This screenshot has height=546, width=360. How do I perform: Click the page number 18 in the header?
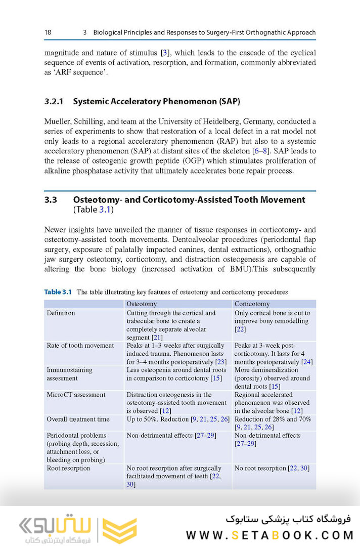tap(48, 32)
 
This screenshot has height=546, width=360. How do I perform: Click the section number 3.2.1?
tap(54, 101)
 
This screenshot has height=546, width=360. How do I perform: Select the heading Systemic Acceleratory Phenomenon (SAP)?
tap(156, 101)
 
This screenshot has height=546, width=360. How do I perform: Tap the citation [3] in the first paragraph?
tap(165, 53)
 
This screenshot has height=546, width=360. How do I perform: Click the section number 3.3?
tap(50, 199)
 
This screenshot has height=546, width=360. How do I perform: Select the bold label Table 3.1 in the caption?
tap(58, 292)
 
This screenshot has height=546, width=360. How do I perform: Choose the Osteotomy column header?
tap(142, 304)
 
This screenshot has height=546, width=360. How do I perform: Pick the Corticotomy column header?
tap(252, 304)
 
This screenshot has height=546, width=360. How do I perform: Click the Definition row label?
tap(61, 313)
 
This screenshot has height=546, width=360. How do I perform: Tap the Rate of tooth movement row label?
tap(80, 346)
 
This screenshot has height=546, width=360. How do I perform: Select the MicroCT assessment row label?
tap(76, 395)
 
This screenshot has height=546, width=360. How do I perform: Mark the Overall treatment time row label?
tap(79, 419)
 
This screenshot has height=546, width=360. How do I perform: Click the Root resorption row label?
tap(68, 468)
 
